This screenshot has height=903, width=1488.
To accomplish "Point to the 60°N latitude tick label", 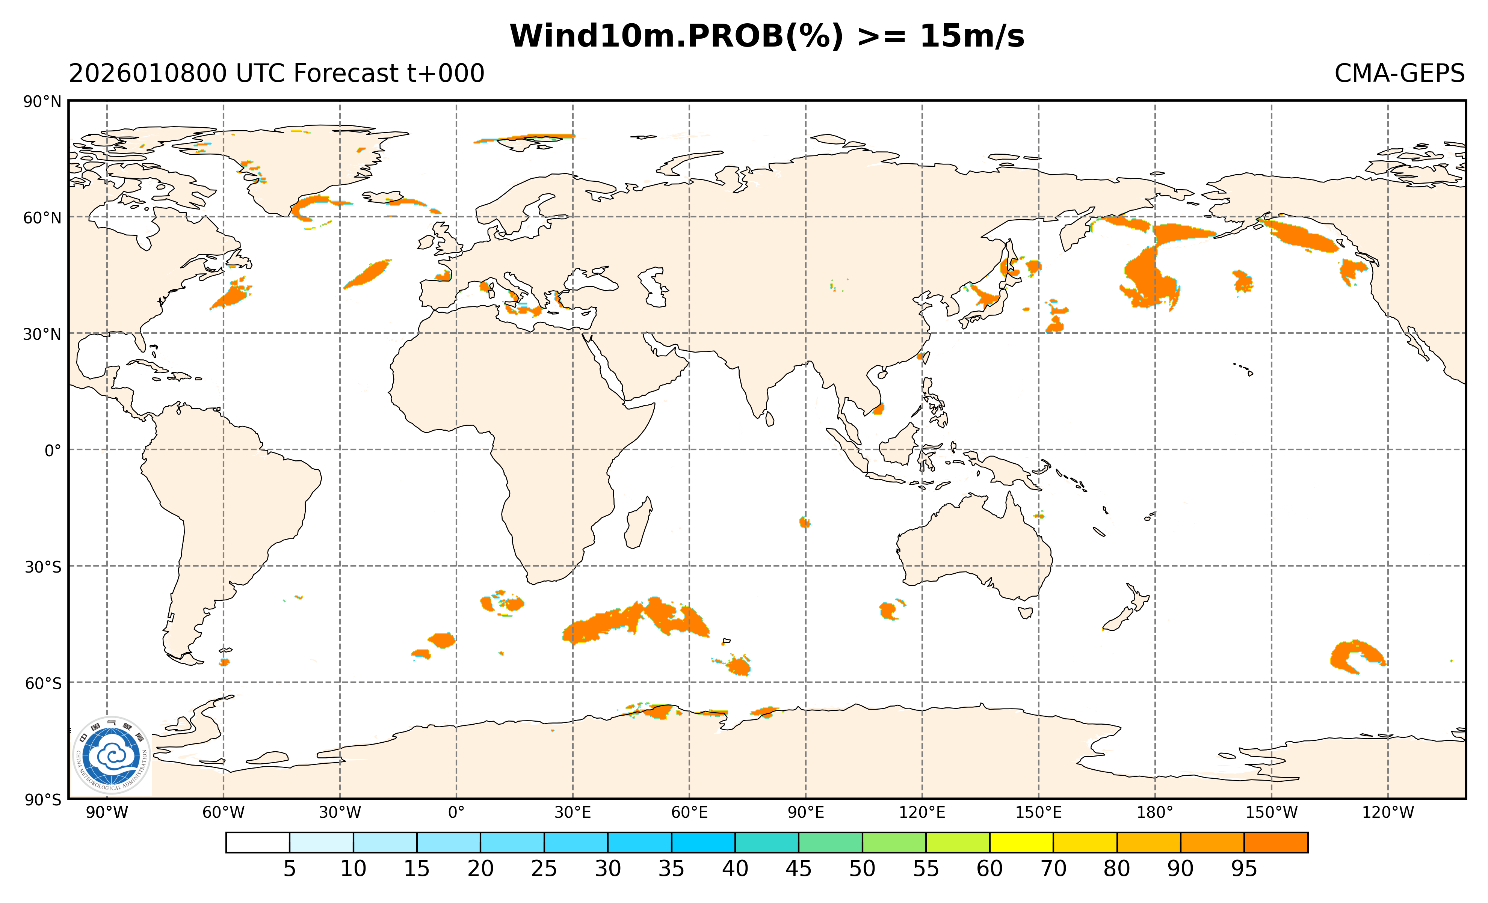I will click(x=42, y=218).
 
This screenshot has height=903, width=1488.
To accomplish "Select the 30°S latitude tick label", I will click(x=42, y=567).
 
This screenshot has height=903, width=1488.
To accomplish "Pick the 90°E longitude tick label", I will click(x=805, y=813).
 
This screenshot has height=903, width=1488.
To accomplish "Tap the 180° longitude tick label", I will click(x=1155, y=813).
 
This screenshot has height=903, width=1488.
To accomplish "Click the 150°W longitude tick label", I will click(x=1271, y=813).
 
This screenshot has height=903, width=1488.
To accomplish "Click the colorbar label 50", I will click(x=862, y=869).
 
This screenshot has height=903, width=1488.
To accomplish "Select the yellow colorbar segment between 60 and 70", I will click(x=1021, y=843).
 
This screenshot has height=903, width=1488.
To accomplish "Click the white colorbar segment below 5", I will click(x=258, y=843).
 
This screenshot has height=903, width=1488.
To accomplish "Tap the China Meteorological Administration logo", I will click(x=111, y=755).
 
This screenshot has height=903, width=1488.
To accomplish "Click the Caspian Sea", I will click(x=654, y=287).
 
